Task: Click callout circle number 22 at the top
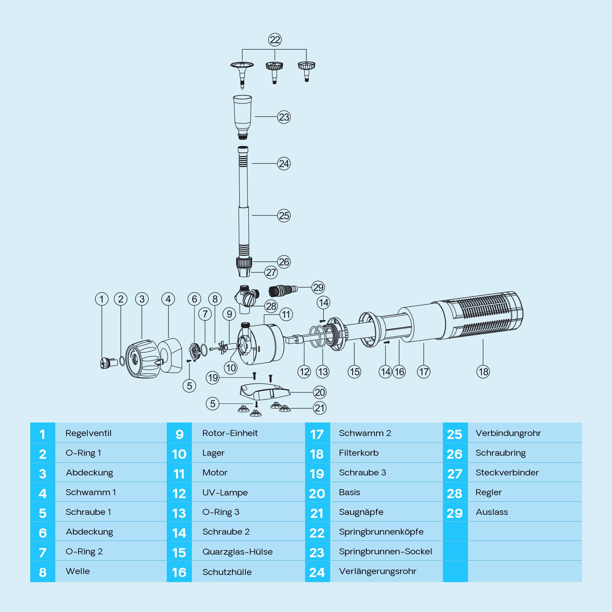[x=275, y=40]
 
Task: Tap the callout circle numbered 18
[x=483, y=371]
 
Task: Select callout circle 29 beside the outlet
[x=318, y=287]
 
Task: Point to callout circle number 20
[x=320, y=392]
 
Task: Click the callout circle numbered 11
[x=286, y=315]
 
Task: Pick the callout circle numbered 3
[x=142, y=299]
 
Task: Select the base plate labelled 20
[x=265, y=391]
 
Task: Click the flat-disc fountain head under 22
[x=242, y=75]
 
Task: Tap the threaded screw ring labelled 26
[x=244, y=262]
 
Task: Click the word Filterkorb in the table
[x=359, y=453]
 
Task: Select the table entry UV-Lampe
[x=225, y=492]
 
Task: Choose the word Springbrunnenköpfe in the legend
[x=381, y=532]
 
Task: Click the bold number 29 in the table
[x=455, y=513]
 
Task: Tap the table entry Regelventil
[x=88, y=433]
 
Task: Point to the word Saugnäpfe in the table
[x=361, y=512]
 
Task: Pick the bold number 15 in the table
[x=179, y=553]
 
